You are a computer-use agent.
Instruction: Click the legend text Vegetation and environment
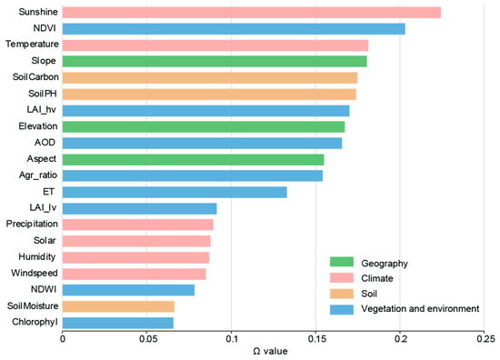point(420,309)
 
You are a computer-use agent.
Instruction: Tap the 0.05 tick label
point(146,338)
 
